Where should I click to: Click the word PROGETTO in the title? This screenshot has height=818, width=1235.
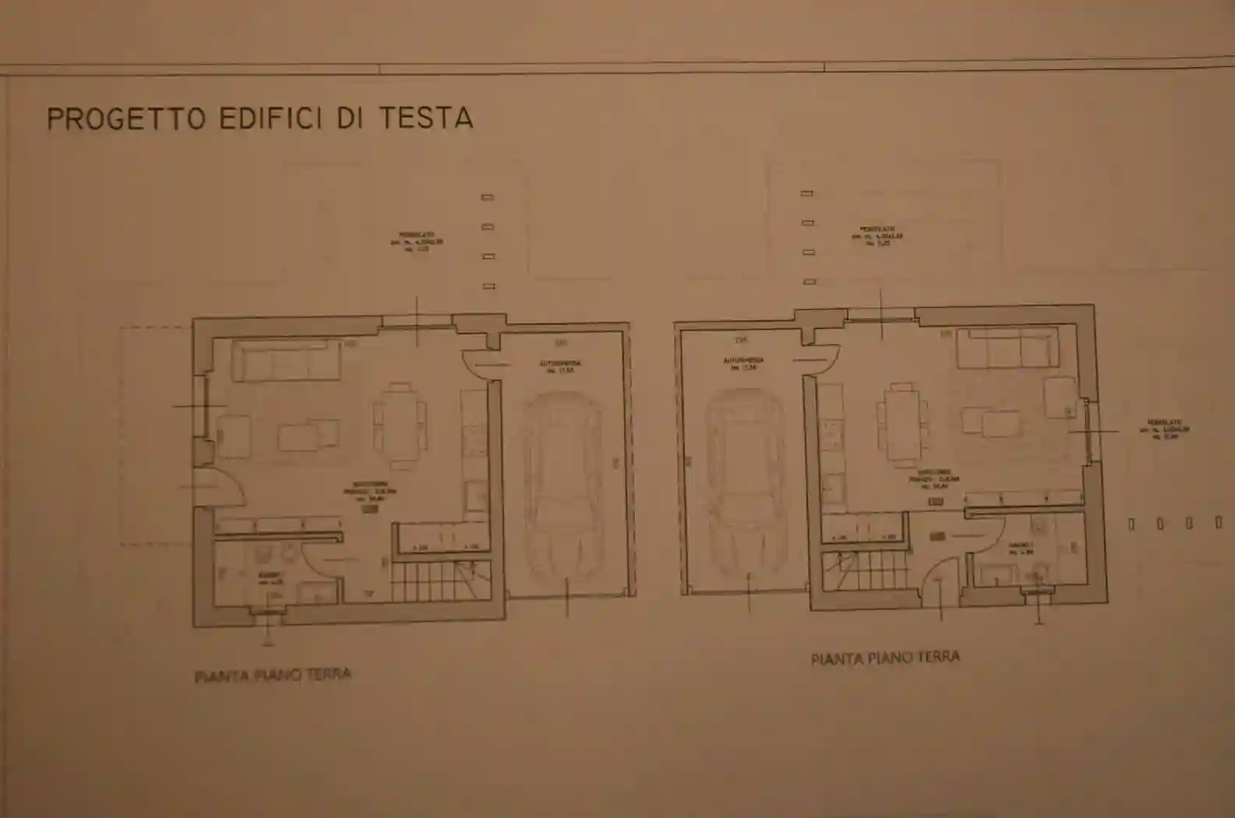[125, 118]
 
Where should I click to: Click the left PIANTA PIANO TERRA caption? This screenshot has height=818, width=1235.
[273, 675]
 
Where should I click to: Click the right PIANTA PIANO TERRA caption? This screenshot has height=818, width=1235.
[885, 658]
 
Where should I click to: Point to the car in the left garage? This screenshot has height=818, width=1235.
[563, 492]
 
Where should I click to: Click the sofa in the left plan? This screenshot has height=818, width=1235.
[286, 361]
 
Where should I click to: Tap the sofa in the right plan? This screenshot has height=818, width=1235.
[1007, 348]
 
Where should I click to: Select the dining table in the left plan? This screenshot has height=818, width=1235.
[400, 425]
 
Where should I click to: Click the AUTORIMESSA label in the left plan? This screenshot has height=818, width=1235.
[560, 364]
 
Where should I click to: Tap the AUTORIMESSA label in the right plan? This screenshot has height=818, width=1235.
[743, 361]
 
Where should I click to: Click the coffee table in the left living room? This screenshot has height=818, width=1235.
[309, 436]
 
